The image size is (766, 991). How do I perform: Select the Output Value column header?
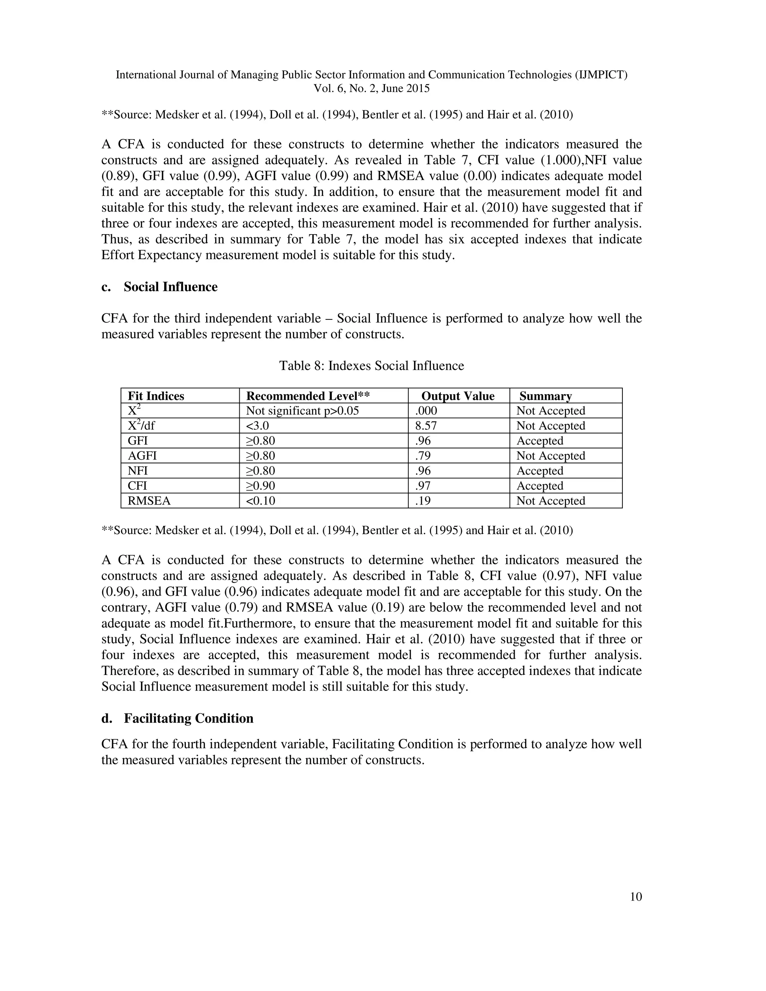tap(458, 396)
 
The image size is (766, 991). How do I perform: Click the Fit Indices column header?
tap(156, 396)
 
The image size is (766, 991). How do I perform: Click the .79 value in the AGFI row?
tap(423, 456)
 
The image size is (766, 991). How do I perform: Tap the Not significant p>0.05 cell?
tap(306, 411)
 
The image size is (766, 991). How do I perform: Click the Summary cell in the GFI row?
tap(540, 441)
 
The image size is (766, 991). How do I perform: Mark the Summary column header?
tap(545, 396)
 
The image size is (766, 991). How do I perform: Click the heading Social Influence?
tap(170, 287)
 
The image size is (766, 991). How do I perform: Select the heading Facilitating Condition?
tap(189, 718)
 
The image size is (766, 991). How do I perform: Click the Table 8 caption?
tap(371, 366)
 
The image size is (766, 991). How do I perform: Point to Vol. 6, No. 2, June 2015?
tap(371, 89)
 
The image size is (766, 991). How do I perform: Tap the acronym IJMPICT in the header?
tap(601, 75)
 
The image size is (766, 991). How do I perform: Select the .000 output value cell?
tap(426, 411)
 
